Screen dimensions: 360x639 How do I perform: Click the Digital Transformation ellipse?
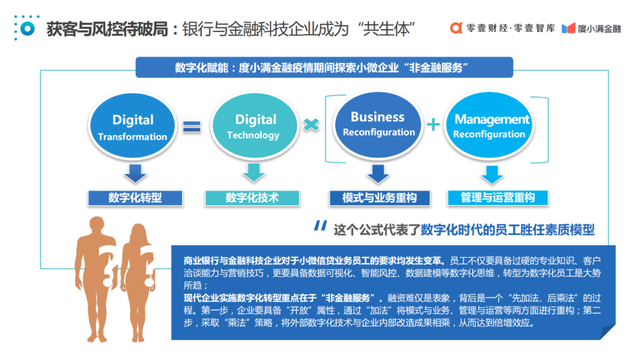click(x=133, y=127)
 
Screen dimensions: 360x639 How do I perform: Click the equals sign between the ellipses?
click(x=191, y=126)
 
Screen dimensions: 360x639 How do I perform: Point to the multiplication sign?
click(x=311, y=125)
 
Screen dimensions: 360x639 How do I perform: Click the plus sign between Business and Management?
click(x=434, y=124)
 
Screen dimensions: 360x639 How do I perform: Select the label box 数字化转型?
click(x=135, y=198)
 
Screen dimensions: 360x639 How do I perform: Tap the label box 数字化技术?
click(x=252, y=198)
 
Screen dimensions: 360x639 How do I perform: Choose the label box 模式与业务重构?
click(x=379, y=198)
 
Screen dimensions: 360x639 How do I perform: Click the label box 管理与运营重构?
click(x=498, y=198)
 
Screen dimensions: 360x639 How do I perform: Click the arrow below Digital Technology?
click(x=253, y=172)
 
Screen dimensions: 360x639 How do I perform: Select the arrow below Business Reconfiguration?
click(x=377, y=173)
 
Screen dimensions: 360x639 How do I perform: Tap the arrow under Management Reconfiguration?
click(x=492, y=173)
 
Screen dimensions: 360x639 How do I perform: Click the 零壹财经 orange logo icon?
click(x=456, y=28)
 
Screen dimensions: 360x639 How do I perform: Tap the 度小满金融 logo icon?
click(x=568, y=28)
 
